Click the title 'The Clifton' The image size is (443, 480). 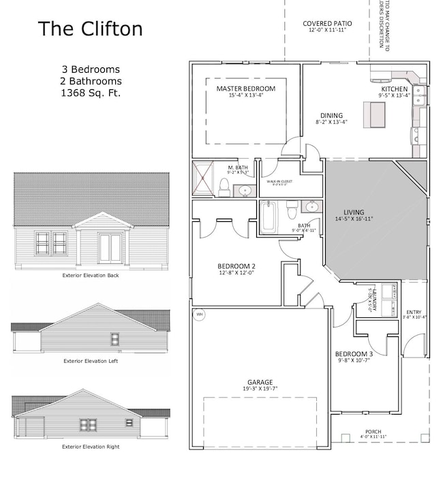[90, 29]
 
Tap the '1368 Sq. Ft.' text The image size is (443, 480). [90, 93]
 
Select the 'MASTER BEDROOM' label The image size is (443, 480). [246, 89]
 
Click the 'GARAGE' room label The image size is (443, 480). [260, 383]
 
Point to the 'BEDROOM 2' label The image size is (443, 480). [236, 266]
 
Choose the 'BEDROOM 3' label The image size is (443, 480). [353, 354]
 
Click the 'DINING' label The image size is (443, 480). [332, 116]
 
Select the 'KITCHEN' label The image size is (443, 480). [395, 89]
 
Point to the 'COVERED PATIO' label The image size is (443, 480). [325, 24]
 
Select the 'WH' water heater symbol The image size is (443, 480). [200, 315]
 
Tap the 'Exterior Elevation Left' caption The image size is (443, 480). [90, 361]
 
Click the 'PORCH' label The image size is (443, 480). [373, 432]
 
